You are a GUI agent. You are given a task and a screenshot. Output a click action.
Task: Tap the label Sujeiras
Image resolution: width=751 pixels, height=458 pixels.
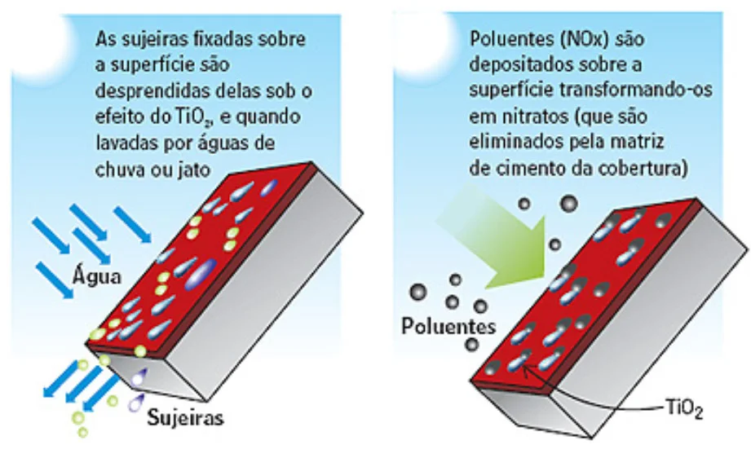click(x=185, y=420)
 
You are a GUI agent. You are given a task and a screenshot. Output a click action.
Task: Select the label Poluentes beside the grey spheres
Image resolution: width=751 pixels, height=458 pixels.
click(x=448, y=326)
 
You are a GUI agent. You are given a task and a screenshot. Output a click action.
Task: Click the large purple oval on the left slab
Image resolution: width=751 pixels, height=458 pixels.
click(x=202, y=272)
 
